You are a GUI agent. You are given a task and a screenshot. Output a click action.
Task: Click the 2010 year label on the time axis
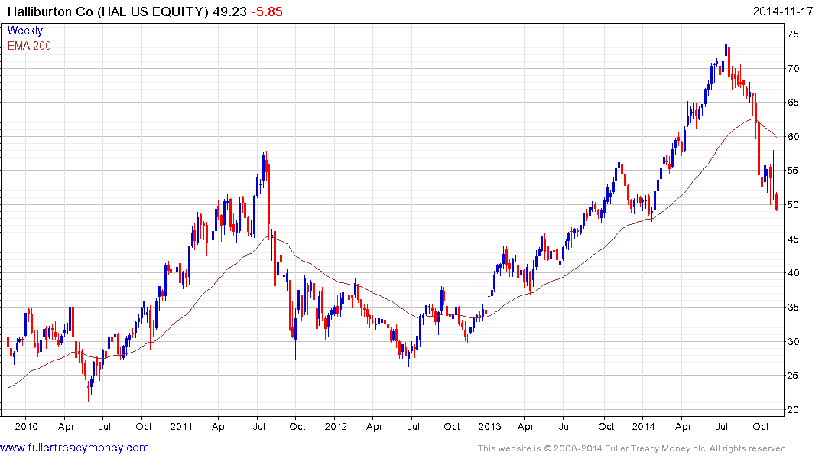click(27, 426)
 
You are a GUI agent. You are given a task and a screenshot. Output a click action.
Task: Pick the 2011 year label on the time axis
click(181, 426)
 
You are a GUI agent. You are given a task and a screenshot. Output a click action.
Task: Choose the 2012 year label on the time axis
click(335, 426)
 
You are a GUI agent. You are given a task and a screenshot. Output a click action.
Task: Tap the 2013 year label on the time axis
click(489, 426)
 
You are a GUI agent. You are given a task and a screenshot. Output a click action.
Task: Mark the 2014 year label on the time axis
click(644, 426)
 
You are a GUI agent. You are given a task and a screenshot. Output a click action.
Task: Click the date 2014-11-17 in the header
click(783, 11)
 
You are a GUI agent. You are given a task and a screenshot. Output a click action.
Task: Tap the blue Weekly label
click(25, 31)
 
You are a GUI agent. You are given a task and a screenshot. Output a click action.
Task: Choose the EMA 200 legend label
click(30, 45)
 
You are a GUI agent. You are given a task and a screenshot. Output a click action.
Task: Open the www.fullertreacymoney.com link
click(75, 448)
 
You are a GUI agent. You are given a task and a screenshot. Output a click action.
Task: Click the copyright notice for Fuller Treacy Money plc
click(632, 448)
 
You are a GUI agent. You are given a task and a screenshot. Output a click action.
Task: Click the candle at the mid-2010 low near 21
click(89, 389)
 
